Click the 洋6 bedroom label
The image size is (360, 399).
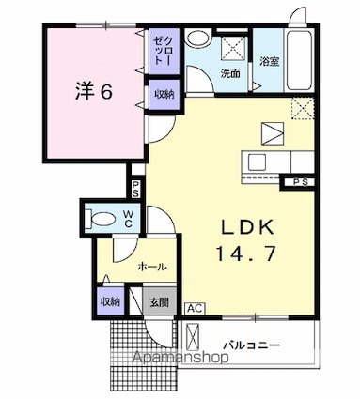[94, 91]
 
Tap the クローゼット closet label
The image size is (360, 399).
[164, 50]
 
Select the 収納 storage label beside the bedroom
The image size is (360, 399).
[164, 94]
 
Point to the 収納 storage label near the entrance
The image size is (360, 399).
[110, 301]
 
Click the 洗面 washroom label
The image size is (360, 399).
[230, 73]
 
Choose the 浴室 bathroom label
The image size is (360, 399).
[269, 61]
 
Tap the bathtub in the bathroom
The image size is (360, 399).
[301, 61]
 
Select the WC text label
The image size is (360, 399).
[128, 219]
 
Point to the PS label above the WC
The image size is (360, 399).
[135, 190]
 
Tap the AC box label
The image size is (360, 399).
[195, 309]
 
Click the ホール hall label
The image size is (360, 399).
[152, 267]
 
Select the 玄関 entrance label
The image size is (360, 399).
[159, 302]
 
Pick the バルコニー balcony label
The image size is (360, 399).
[251, 345]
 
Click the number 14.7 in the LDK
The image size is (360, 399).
[246, 253]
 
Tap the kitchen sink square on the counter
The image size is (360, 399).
[258, 162]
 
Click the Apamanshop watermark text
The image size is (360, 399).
[180, 357]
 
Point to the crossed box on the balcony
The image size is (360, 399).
[193, 338]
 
